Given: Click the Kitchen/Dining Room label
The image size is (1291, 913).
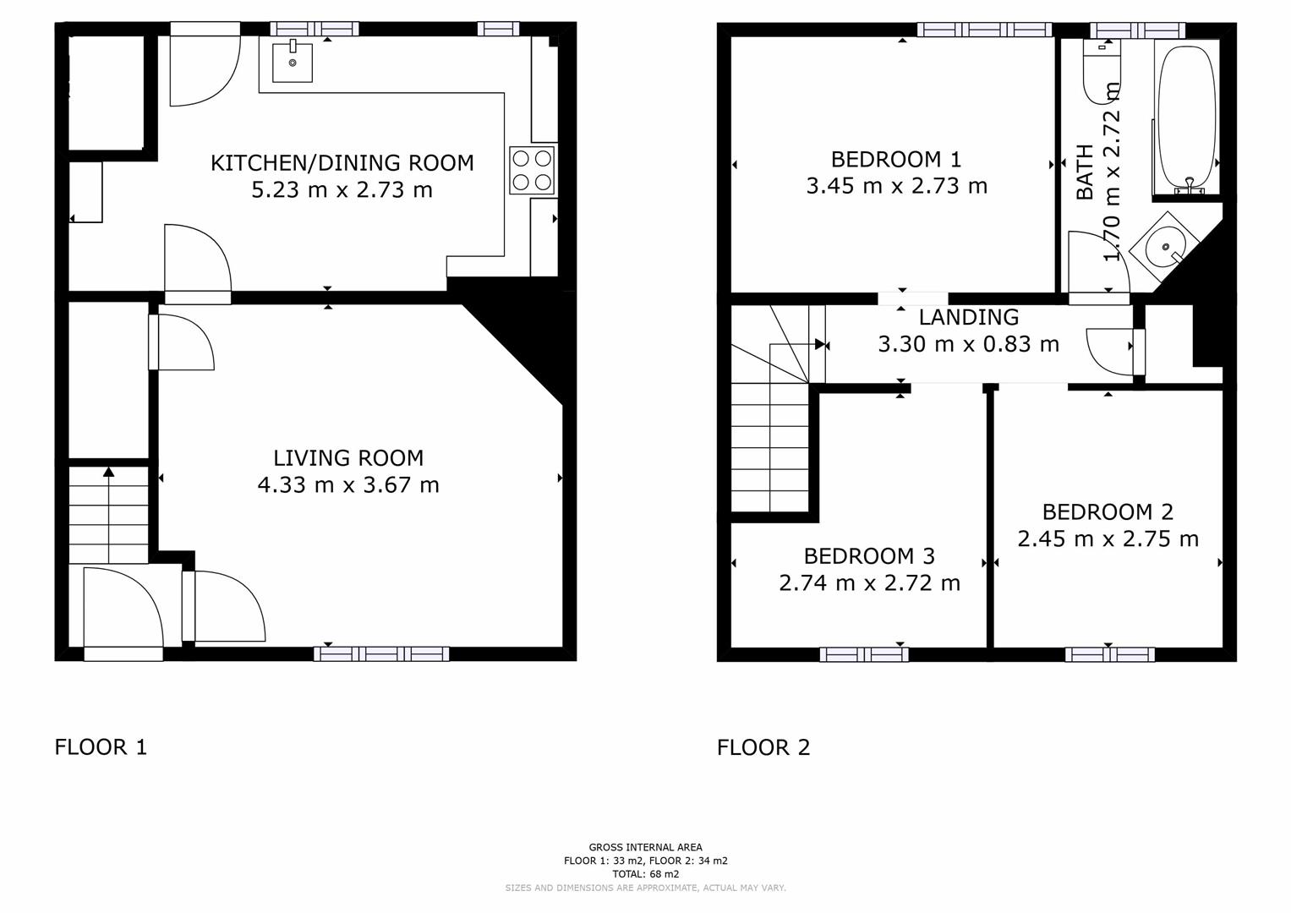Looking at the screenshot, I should click(x=342, y=162).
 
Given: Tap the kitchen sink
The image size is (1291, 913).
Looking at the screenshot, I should click(x=293, y=61).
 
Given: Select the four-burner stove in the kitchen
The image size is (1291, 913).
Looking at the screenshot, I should click(x=532, y=170).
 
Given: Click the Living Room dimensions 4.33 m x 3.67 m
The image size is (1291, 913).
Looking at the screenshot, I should click(x=347, y=485).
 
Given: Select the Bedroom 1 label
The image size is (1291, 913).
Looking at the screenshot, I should click(x=896, y=159).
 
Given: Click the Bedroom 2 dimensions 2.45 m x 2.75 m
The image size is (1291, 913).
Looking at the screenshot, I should click(x=1108, y=539).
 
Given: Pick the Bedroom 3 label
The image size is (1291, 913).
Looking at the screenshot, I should click(x=869, y=556).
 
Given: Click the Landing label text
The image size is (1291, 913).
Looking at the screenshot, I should click(x=968, y=317).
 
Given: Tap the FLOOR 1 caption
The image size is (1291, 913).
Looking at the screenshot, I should click(x=101, y=747).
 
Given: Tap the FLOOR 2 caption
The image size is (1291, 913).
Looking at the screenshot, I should click(x=763, y=747).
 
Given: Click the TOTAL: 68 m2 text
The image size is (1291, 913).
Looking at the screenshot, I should click(x=646, y=874).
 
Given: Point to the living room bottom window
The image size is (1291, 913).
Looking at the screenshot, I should click(x=381, y=653).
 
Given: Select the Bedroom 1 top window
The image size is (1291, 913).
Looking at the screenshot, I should click(x=984, y=30).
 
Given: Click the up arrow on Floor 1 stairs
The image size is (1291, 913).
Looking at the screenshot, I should click(x=108, y=472).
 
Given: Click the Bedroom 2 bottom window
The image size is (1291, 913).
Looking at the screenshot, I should click(x=1109, y=654).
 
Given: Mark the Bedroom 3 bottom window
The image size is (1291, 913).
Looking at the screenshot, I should click(x=863, y=654).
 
